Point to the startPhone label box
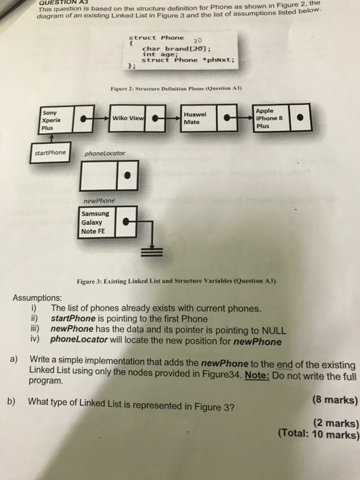50,152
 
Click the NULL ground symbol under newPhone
152,253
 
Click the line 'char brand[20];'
171,49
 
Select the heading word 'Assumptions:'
40,299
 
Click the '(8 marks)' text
335,400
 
